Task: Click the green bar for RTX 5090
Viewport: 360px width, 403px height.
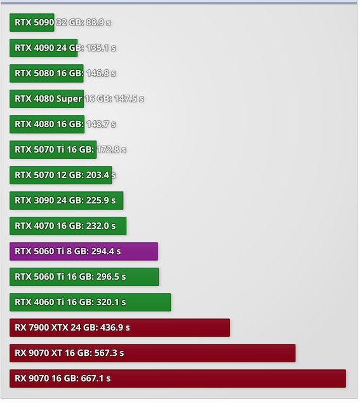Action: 32,23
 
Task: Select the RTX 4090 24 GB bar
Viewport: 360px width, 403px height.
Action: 44,48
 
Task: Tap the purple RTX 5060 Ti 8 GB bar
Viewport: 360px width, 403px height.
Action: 84,251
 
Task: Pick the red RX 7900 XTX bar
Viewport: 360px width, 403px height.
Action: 119,328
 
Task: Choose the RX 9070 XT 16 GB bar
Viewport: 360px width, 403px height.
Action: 152,353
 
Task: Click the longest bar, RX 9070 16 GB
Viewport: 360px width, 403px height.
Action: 178,379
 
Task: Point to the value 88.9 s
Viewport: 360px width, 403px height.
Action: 98,23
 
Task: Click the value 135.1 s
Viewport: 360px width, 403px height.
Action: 101,48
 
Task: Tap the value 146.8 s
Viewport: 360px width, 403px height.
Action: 101,74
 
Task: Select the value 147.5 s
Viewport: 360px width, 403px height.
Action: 129,99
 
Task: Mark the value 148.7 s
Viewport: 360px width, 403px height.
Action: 101,125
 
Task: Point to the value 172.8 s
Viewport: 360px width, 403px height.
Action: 111,150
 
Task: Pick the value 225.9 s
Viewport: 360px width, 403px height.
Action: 101,201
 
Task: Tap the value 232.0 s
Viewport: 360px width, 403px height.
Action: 101,226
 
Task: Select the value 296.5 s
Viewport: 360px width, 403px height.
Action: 111,277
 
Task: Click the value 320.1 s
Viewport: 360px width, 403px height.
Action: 111,303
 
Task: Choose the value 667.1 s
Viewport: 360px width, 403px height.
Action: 96,379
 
